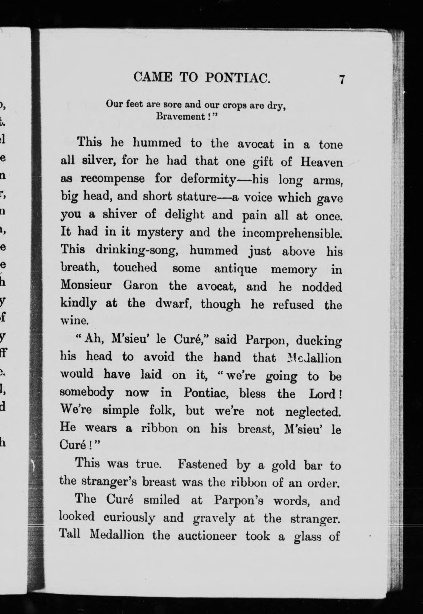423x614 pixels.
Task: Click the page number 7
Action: click(x=342, y=80)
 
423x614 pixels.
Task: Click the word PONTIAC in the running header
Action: click(x=238, y=78)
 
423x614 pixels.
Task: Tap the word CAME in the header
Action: click(x=153, y=78)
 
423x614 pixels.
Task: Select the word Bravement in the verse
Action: click(x=180, y=116)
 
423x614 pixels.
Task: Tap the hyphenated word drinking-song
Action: click(x=137, y=250)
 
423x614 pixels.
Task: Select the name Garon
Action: click(x=141, y=286)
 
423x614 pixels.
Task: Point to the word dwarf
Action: click(x=174, y=304)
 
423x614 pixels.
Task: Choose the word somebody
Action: click(x=87, y=393)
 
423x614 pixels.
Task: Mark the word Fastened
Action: click(x=202, y=465)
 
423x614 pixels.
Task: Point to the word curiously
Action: click(x=129, y=518)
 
